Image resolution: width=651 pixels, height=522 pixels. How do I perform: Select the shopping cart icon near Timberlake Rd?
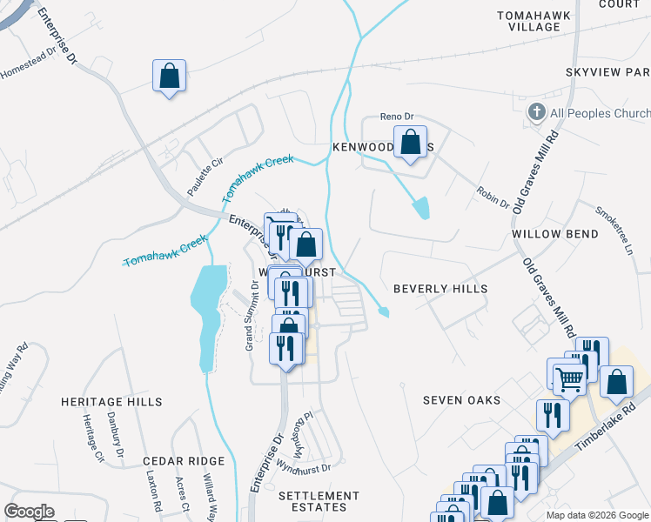tap(568, 378)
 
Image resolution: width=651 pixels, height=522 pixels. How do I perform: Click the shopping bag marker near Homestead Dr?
tap(170, 77)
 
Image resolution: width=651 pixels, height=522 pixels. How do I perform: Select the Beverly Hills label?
tap(440, 288)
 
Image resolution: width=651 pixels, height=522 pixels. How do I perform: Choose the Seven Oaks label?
tap(462, 400)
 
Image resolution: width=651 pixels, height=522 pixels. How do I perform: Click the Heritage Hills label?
tap(111, 402)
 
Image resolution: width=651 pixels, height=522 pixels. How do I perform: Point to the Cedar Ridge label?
tap(185, 461)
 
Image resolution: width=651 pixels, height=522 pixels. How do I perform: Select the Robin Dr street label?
tap(493, 197)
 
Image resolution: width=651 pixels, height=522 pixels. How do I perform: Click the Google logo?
tap(29, 512)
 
